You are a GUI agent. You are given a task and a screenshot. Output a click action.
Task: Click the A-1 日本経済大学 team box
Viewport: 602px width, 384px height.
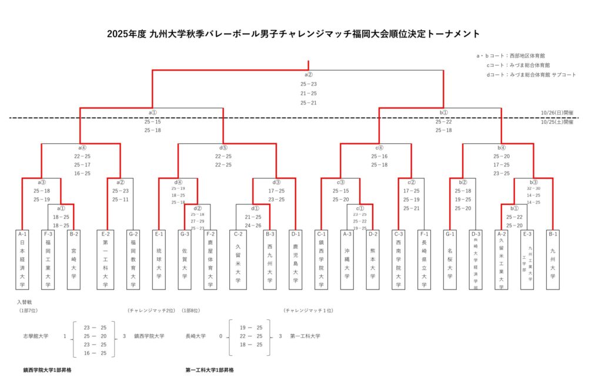coord(22,259)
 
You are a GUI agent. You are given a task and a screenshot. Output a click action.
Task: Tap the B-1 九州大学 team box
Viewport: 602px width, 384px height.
coord(553,259)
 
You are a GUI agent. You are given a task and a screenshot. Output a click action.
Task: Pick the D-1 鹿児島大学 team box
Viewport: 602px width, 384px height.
coord(295,259)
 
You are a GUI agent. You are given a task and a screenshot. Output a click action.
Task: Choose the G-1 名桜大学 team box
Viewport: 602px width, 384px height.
coord(450,259)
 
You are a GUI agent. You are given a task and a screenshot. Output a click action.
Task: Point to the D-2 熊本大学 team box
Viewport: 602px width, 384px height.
coord(372,259)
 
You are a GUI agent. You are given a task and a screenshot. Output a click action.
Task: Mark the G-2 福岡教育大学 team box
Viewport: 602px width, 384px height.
coord(133,259)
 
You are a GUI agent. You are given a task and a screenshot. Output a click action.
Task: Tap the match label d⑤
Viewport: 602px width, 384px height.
coord(223,148)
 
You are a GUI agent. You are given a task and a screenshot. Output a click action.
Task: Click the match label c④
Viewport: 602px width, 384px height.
coord(379,148)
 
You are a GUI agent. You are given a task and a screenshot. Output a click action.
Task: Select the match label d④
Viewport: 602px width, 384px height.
coord(178,182)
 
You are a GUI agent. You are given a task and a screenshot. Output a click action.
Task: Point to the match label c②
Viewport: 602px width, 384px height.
coord(412,182)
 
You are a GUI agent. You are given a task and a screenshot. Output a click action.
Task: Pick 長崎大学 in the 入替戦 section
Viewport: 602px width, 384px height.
coord(195,336)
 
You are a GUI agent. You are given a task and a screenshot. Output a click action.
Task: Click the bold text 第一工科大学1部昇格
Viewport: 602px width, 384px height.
coord(209,370)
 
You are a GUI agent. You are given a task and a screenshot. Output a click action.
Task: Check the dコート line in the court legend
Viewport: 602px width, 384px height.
coord(530,75)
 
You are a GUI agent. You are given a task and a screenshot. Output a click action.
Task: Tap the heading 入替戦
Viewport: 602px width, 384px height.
coord(24,301)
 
